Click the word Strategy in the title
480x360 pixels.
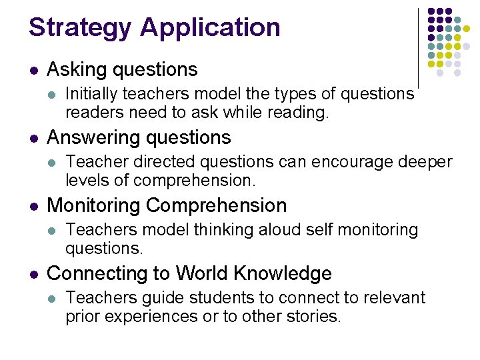(79, 28)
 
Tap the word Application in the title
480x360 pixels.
(211, 28)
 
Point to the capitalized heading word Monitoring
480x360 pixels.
(93, 206)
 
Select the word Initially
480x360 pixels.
(93, 95)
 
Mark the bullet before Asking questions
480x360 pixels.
(34, 70)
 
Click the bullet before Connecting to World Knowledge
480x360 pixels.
(34, 275)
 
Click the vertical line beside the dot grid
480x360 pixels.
(418, 47)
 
